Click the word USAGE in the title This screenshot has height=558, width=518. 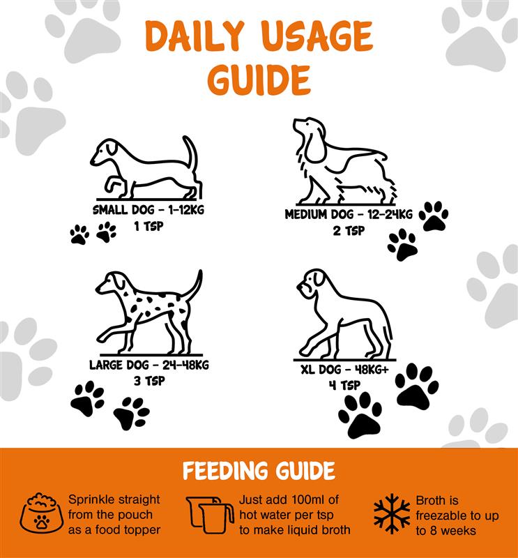(x=319, y=36)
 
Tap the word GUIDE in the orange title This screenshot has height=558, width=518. (x=259, y=80)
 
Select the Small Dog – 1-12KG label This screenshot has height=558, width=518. (x=148, y=210)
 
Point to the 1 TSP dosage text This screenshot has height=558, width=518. (x=148, y=226)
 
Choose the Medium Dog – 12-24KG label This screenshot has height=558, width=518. (x=349, y=214)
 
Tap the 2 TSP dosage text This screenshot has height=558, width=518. (x=349, y=231)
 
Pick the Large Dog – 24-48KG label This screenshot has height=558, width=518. (x=149, y=365)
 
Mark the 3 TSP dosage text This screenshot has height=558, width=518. (x=149, y=381)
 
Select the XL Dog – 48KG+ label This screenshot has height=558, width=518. (x=344, y=370)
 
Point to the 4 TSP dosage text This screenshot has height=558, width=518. (x=344, y=386)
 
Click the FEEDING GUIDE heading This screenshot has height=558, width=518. (x=259, y=470)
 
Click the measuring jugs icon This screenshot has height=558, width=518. (x=211, y=515)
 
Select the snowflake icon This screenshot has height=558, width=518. (x=392, y=513)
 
